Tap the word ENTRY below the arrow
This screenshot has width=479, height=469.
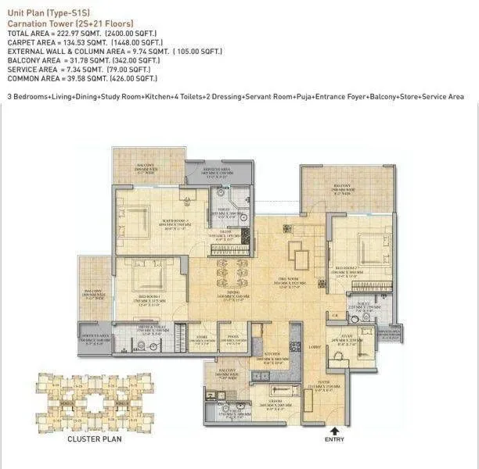click(x=333, y=440)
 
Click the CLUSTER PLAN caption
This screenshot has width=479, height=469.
click(x=93, y=439)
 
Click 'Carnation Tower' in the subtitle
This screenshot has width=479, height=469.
click(x=39, y=24)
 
